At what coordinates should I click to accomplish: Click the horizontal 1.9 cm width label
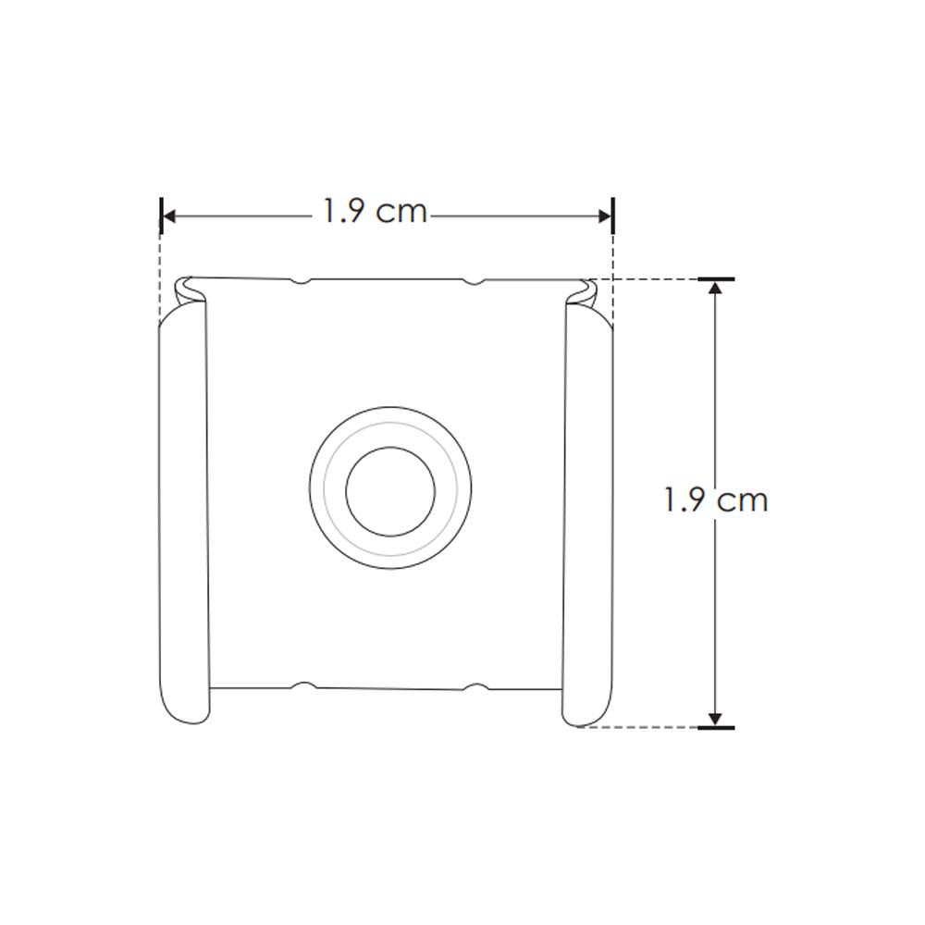tap(375, 212)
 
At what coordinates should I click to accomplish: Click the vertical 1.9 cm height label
tap(716, 500)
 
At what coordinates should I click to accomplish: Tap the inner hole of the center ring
tap(390, 491)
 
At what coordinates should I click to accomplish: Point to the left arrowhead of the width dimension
tap(168, 216)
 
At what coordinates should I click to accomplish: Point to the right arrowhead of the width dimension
tap(605, 216)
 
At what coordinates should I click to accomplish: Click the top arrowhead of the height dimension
tap(714, 287)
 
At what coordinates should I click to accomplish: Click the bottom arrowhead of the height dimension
tap(714, 719)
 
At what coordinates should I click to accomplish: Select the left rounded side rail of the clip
tap(184, 518)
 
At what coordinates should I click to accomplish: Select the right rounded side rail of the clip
tap(587, 518)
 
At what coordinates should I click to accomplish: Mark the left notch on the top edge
tap(300, 280)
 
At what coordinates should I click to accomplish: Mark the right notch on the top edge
tap(474, 280)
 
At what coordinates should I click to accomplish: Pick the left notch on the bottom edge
tap(302, 686)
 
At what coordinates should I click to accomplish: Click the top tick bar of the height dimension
tap(715, 278)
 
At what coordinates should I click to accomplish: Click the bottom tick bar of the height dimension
tap(715, 728)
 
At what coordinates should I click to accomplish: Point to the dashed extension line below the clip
tap(638, 727)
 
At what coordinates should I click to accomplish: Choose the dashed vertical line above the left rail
tap(161, 268)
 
